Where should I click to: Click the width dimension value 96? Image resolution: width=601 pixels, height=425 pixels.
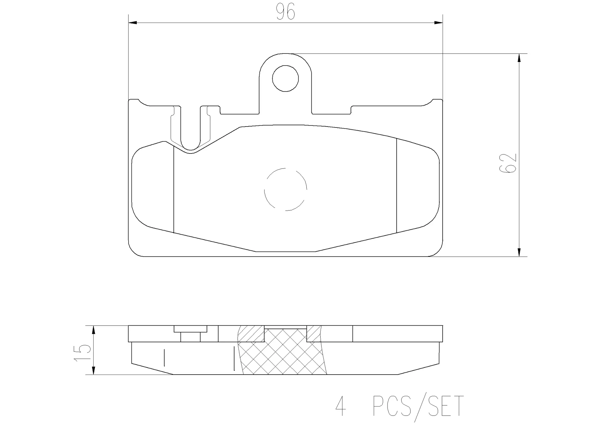[285, 13]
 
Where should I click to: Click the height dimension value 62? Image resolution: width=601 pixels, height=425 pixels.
[507, 163]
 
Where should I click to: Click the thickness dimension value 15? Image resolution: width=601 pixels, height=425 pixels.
[82, 353]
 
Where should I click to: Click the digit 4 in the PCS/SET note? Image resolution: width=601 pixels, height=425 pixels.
[340, 406]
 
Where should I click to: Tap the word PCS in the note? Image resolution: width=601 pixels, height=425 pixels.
[392, 406]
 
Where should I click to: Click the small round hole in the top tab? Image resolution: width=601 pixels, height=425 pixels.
[285, 79]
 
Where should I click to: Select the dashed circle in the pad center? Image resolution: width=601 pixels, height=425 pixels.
[285, 189]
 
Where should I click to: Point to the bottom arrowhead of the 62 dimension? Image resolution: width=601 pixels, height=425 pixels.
[519, 252]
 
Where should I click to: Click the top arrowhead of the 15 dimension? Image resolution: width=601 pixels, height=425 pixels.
[93, 330]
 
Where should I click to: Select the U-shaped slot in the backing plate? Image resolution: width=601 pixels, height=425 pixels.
[190, 132]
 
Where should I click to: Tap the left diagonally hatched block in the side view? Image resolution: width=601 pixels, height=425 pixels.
[252, 334]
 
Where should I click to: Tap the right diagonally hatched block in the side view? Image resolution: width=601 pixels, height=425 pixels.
[314, 334]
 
